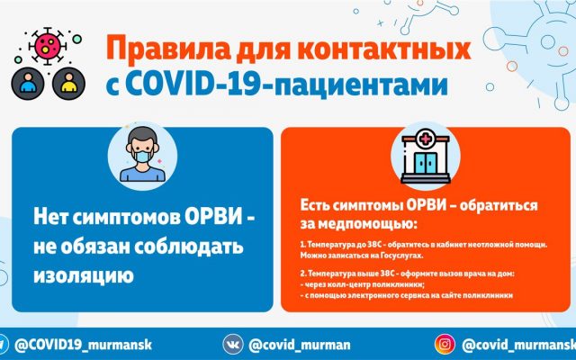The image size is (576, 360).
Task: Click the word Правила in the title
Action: pyautogui.click(x=169, y=49)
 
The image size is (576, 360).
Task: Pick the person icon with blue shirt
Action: pyautogui.click(x=28, y=84)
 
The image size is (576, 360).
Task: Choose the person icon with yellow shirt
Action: pyautogui.click(x=68, y=84)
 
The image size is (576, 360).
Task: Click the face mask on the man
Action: pyautogui.click(x=142, y=156)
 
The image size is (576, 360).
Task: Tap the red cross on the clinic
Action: pyautogui.click(x=426, y=139)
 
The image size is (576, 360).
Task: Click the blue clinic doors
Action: pyautogui.click(x=426, y=163)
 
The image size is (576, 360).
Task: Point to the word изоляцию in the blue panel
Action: pyautogui.click(x=84, y=275)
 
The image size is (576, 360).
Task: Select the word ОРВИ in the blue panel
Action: pyautogui.click(x=213, y=217)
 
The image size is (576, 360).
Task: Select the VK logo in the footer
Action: pyautogui.click(x=233, y=344)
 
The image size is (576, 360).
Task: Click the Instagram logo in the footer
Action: pyautogui.click(x=445, y=344)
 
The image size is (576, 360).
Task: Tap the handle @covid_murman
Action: pyautogui.click(x=300, y=345)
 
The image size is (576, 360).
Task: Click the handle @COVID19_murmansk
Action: pyautogui.click(x=83, y=345)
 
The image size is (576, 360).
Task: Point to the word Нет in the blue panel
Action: pyautogui.click(x=50, y=217)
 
